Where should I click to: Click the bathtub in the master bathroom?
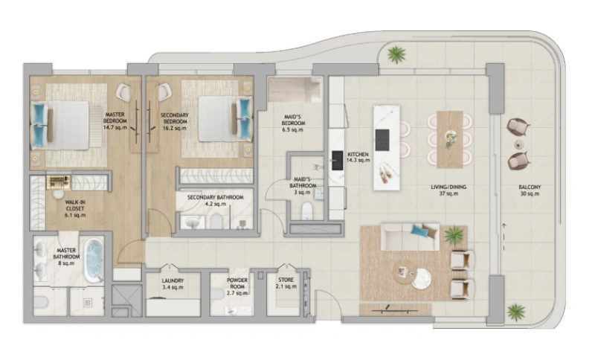(93, 260)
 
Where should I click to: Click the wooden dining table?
(449, 138)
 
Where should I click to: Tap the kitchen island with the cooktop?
(386, 141)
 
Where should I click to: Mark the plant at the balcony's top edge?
(396, 54)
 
